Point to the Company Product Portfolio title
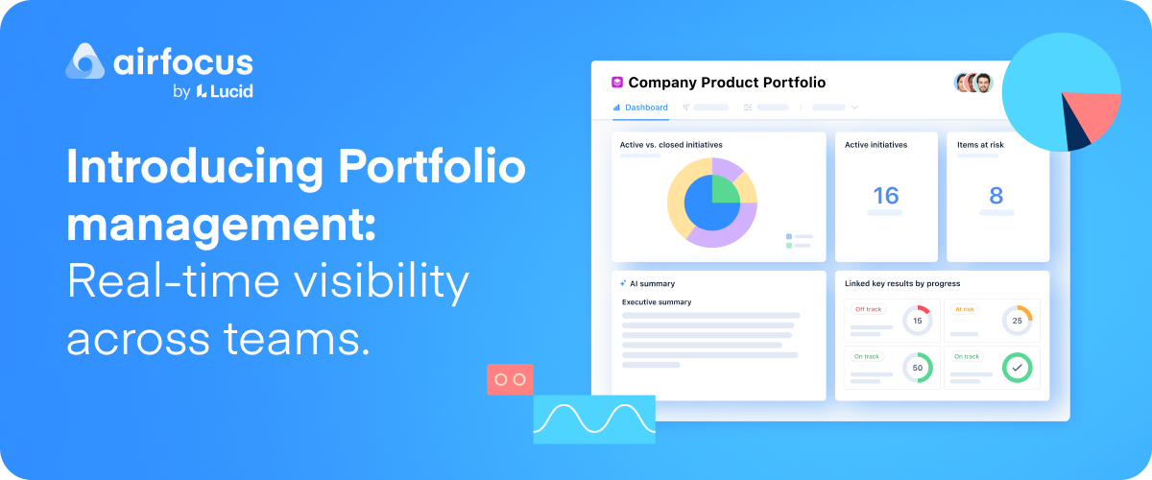point(726,83)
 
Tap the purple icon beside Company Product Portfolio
point(617,83)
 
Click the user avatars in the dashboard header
point(972,83)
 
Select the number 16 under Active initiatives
point(885,196)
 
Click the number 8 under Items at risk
point(996,196)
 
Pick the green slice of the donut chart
point(725,189)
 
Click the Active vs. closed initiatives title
point(671,145)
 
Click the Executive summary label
point(657,302)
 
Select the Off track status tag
point(868,309)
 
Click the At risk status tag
point(965,309)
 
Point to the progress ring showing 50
point(917,367)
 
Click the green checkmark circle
point(1017,367)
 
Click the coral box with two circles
point(510,379)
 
